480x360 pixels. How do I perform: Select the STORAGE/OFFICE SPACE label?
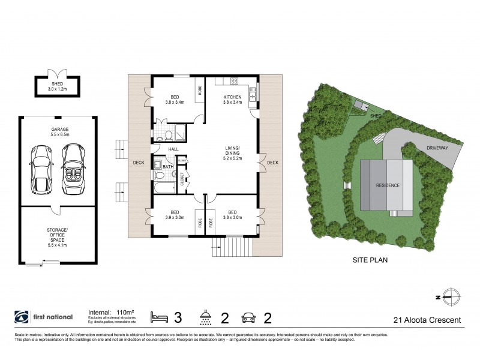(58, 236)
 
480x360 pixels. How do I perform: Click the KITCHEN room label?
(232, 97)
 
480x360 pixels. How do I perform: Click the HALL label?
(173, 149)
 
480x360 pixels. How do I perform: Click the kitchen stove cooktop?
(234, 81)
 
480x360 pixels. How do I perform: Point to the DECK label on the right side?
(272, 163)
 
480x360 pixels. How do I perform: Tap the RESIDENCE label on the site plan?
(388, 185)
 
